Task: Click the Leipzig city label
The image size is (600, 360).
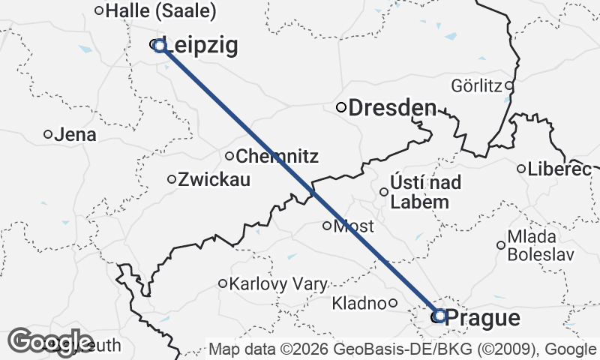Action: (x=200, y=46)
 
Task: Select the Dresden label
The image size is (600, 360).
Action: (x=392, y=108)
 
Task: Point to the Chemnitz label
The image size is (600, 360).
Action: (x=277, y=157)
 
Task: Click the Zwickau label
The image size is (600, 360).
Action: (x=214, y=180)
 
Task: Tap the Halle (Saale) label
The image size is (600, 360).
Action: (x=161, y=11)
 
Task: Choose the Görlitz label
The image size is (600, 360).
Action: (x=477, y=85)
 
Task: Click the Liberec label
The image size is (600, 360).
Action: (x=559, y=169)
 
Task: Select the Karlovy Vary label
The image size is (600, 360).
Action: (x=278, y=284)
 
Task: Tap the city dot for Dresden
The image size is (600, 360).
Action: (x=341, y=107)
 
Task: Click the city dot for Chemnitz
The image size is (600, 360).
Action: (x=229, y=156)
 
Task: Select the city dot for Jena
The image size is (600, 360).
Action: (x=48, y=134)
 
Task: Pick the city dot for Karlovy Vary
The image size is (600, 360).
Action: (x=223, y=283)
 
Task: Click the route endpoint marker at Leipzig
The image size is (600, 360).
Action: (x=159, y=46)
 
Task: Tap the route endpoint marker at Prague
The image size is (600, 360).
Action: (x=439, y=316)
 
